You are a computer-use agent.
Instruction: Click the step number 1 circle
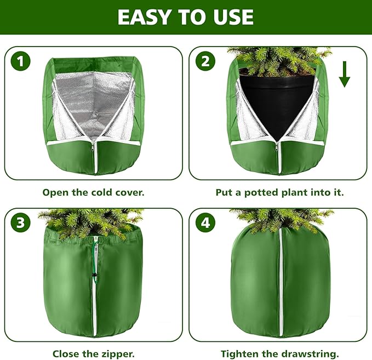point(21,61)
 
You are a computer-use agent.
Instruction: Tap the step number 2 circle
point(205,61)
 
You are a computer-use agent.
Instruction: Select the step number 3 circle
point(21,222)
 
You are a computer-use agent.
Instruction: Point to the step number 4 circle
point(205,222)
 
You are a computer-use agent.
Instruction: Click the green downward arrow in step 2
point(344,75)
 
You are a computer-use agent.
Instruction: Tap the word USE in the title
point(233,18)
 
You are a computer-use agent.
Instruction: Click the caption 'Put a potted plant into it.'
point(280,192)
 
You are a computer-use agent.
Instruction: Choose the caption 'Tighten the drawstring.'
point(280,353)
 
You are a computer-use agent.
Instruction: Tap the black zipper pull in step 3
point(94,273)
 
